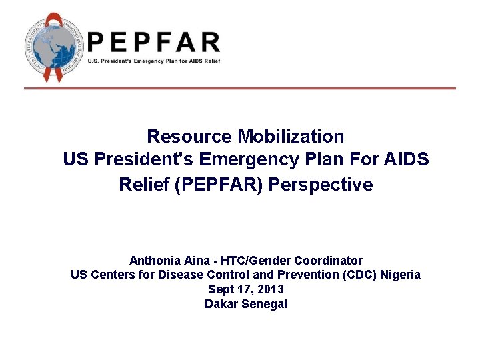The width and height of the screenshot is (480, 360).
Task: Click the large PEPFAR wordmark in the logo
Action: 153,42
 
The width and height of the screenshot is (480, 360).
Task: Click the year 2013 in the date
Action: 271,289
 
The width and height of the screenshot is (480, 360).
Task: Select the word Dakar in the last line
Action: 221,304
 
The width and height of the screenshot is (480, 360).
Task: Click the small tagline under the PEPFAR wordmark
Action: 153,61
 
